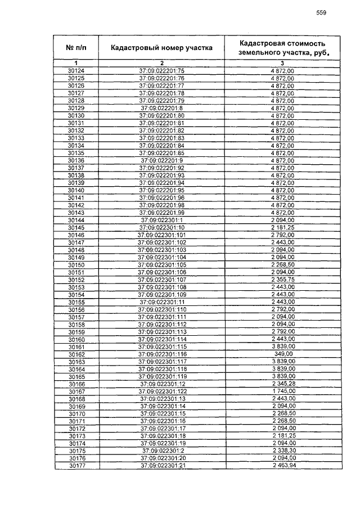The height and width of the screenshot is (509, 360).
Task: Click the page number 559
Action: pyautogui.click(x=321, y=12)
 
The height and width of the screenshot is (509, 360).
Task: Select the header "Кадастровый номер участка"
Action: pyautogui.click(x=161, y=48)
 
